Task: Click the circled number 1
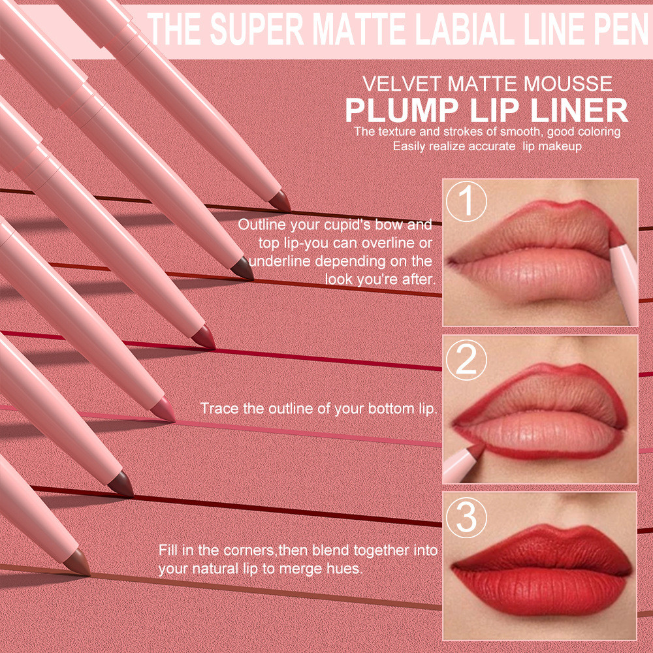point(466,202)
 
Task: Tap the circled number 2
point(466,360)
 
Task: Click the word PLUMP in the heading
point(402,111)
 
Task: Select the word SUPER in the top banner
point(257,29)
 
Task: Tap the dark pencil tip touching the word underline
point(242,268)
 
